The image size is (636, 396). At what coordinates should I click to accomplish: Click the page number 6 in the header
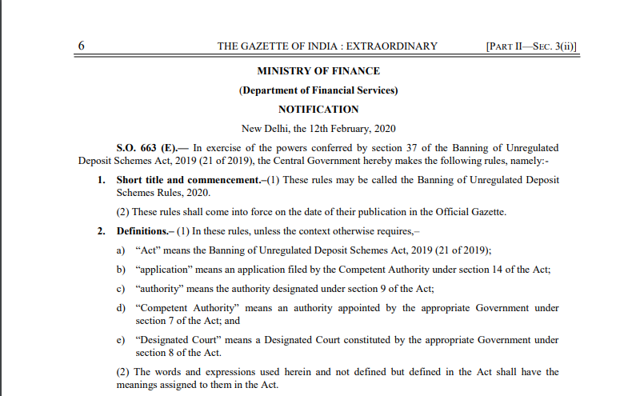[82, 46]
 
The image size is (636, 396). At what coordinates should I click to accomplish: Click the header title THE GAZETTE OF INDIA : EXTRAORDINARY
[327, 46]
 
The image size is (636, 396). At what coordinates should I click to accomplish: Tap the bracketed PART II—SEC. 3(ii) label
[530, 46]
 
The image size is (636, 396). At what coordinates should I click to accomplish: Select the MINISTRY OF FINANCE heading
[318, 71]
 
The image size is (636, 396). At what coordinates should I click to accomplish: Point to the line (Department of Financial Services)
[318, 90]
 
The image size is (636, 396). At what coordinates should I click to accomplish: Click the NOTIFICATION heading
[318, 110]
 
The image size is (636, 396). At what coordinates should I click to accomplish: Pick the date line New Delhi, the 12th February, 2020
[318, 129]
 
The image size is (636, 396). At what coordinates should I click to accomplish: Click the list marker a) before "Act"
[121, 250]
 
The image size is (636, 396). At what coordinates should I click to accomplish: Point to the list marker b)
[121, 270]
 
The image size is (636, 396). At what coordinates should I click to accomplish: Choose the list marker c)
[121, 289]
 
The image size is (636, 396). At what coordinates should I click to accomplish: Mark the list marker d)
[121, 308]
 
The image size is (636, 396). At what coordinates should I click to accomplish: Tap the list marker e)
[121, 340]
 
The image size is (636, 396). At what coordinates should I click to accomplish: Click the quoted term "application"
[162, 270]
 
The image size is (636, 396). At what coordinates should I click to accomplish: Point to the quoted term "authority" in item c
[158, 289]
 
